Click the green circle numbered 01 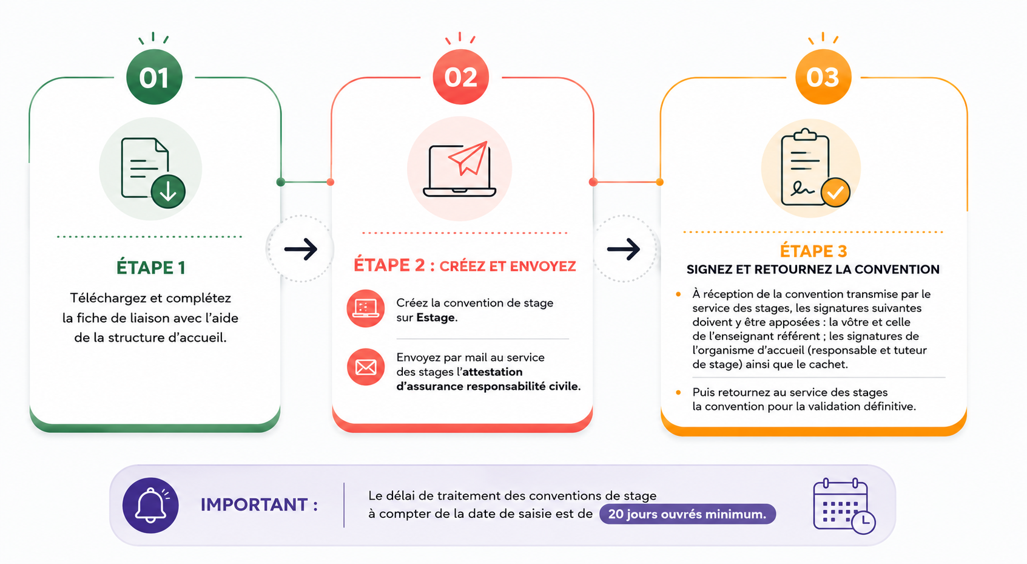(x=154, y=77)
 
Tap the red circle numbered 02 (x=461, y=77)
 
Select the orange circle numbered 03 (x=823, y=77)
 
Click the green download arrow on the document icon (x=168, y=191)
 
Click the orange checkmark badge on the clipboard (x=835, y=192)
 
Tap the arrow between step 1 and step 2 (x=301, y=249)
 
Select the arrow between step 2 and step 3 (x=624, y=249)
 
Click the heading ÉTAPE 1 (x=151, y=268)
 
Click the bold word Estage (x=436, y=318)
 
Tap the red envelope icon (x=366, y=367)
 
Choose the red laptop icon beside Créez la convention (x=365, y=308)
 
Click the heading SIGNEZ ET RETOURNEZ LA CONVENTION (x=813, y=270)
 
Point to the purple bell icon (x=150, y=505)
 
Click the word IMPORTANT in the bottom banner (x=254, y=505)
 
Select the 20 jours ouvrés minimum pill (x=687, y=514)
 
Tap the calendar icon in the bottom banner (x=844, y=506)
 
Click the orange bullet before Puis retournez (x=679, y=392)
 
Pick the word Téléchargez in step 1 (x=109, y=298)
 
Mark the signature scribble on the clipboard (x=803, y=189)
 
